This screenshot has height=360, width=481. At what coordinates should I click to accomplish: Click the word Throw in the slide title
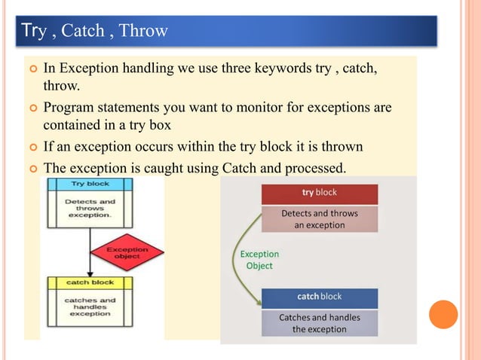point(143,31)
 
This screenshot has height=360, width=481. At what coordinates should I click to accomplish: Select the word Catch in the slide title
point(83,31)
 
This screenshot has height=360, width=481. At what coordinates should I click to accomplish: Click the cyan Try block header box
point(90,184)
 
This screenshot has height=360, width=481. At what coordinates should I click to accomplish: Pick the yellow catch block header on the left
point(90,282)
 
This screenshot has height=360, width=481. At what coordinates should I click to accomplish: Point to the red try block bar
point(319,193)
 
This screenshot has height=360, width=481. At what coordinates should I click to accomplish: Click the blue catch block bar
point(319,297)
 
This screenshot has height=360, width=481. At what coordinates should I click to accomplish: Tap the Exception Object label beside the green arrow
point(259,260)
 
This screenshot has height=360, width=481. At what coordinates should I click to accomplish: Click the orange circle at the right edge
point(443,314)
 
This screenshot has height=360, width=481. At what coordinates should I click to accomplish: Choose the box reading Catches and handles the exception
point(319,323)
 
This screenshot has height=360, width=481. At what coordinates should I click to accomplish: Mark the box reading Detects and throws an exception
point(319,219)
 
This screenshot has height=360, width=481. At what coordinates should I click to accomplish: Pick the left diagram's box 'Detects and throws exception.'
point(90,208)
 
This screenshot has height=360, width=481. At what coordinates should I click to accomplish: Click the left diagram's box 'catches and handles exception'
point(90,307)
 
